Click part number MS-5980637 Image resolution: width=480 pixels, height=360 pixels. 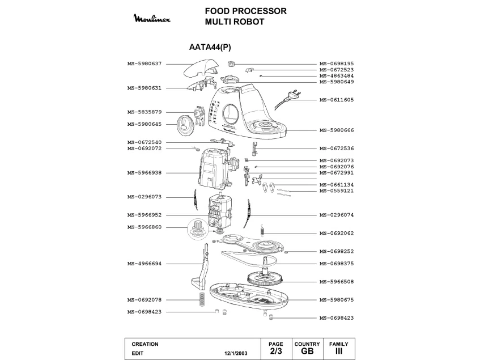[145, 63]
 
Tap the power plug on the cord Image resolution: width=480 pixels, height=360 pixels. [293, 95]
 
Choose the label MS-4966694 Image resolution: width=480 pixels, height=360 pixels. [145, 264]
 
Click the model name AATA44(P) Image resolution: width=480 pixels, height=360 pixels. [210, 48]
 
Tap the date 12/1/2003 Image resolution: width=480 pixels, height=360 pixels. [236, 353]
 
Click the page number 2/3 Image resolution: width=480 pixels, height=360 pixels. [275, 351]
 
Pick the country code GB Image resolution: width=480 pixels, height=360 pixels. [307, 351]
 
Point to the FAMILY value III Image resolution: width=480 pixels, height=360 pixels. [338, 351]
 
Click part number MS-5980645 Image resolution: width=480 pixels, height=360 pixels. [145, 125]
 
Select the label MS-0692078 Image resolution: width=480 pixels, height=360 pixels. [145, 299]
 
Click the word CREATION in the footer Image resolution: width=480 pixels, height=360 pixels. [145, 344]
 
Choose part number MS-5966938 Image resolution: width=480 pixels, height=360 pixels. [145, 172]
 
